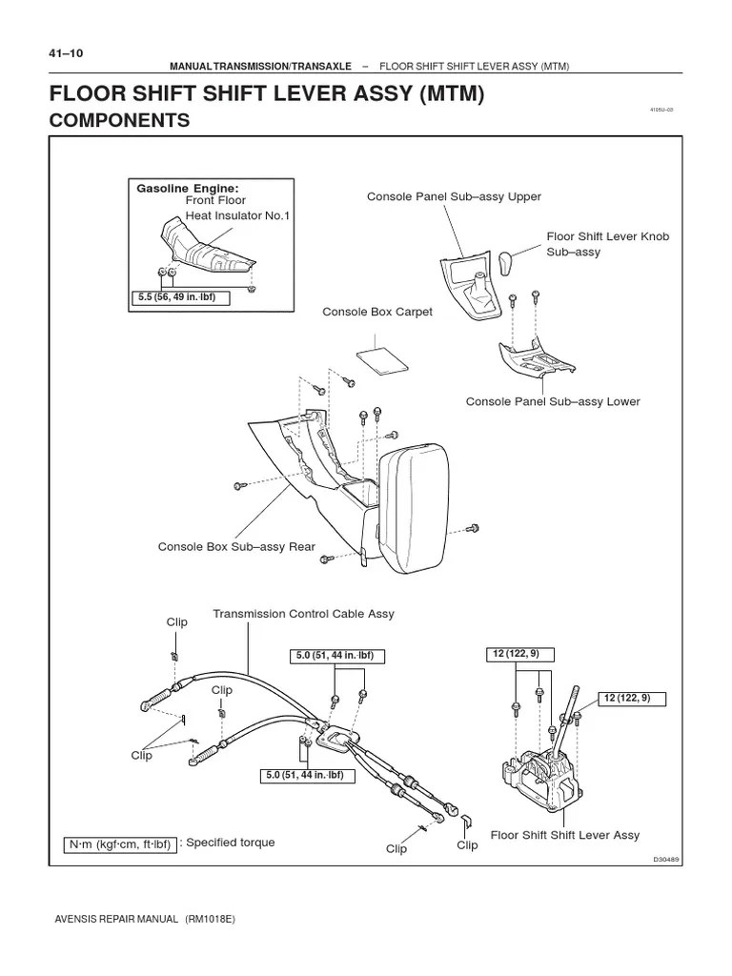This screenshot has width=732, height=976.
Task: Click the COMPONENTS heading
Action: coord(119,121)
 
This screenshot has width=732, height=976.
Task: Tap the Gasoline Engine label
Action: coord(188,188)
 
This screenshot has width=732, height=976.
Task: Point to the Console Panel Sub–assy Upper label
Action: coord(454,196)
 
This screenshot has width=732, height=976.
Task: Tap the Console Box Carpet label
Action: coord(377,313)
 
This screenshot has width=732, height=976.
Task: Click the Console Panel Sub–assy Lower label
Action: coord(553,401)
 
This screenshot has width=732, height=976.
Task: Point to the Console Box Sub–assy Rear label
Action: coord(236,547)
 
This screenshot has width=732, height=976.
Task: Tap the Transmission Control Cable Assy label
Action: coord(303,614)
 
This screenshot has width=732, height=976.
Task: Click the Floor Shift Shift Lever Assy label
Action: coord(565,835)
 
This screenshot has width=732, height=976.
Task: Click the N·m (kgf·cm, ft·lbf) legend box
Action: coord(120,844)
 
